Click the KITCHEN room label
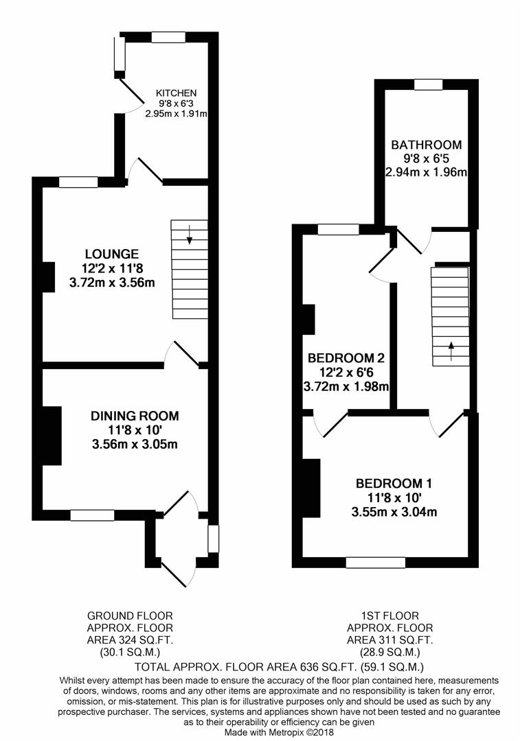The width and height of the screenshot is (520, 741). pos(176,93)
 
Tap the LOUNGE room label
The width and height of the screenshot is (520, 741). pos(112,255)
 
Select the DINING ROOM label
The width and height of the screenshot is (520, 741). pos(135,416)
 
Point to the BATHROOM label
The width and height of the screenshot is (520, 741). pos(427,145)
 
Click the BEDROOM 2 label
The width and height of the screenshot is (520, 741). pos(346,357)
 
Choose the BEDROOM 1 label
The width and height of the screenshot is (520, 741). pos(394,484)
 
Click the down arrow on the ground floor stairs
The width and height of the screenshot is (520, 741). pos(190,235)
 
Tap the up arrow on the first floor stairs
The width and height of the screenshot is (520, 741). pos(451,351)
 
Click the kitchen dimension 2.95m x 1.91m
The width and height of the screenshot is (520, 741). pos(176,114)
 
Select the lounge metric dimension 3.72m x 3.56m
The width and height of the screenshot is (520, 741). pos(112,283)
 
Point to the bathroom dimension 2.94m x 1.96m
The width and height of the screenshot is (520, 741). pos(427,172)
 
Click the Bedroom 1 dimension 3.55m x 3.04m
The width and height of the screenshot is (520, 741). pos(394,512)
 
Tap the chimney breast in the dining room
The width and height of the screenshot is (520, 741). pos(52,436)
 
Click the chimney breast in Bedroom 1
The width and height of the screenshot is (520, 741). pos(311,489)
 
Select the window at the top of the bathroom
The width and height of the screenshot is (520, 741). pos(428,84)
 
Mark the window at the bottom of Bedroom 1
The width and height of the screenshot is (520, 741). pos(376,563)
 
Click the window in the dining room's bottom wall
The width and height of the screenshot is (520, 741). pos(92,515)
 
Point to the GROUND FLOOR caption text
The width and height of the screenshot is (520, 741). pos(130,615)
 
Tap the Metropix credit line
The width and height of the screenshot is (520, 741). pos(279,733)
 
